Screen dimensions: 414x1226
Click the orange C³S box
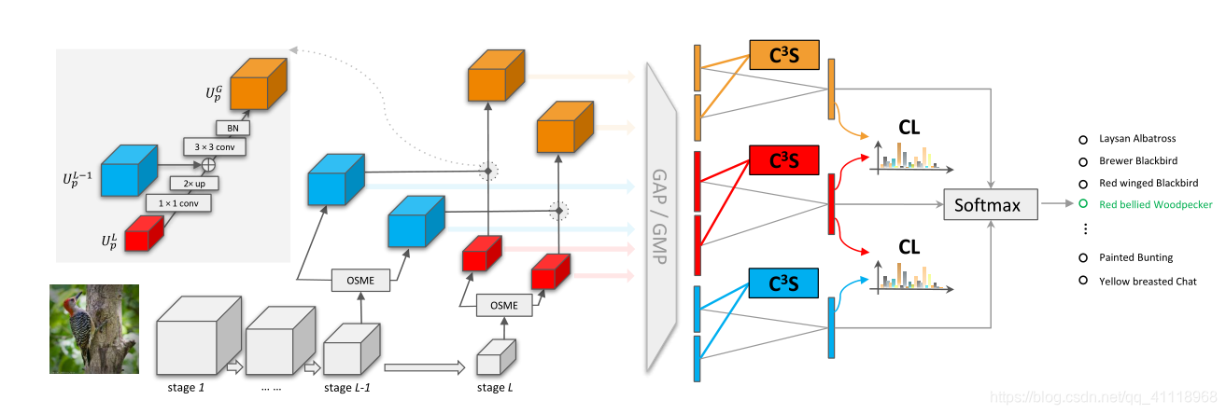pos(783,56)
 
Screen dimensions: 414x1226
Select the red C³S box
pos(783,161)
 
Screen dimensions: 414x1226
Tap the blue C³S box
pos(783,283)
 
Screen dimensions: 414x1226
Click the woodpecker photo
pos(93,329)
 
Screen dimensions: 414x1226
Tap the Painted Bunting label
pos(1135,257)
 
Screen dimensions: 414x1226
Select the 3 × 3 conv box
pos(216,146)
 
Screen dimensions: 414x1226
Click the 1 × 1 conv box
pos(177,201)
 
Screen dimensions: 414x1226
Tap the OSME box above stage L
pos(504,305)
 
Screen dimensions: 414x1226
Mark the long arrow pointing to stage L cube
pos(424,368)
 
